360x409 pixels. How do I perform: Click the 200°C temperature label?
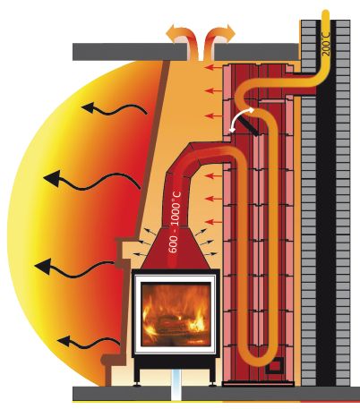pyautogui.click(x=326, y=44)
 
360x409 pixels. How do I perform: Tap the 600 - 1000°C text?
pyautogui.click(x=176, y=222)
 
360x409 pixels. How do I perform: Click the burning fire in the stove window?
pyautogui.click(x=176, y=314)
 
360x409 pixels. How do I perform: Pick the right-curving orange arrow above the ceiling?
pyautogui.click(x=220, y=39)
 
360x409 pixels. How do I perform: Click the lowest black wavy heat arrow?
pyautogui.click(x=89, y=342)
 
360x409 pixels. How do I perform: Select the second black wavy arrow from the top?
pyautogui.click(x=91, y=180)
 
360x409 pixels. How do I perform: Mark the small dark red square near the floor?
pyautogui.click(x=273, y=365)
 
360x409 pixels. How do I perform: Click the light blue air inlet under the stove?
pyautogui.click(x=176, y=385)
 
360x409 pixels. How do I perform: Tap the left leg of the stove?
pyautogui.click(x=137, y=376)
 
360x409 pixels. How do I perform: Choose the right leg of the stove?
pyautogui.click(x=213, y=376)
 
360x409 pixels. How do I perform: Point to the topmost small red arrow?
pyautogui.click(x=214, y=67)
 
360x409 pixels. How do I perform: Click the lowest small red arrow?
pyautogui.click(x=214, y=222)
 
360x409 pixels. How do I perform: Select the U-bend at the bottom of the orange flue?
pyautogui.click(x=259, y=354)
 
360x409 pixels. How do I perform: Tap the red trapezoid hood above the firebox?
pyautogui.click(x=176, y=249)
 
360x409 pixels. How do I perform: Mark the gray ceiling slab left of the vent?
pyautogui.click(x=130, y=52)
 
